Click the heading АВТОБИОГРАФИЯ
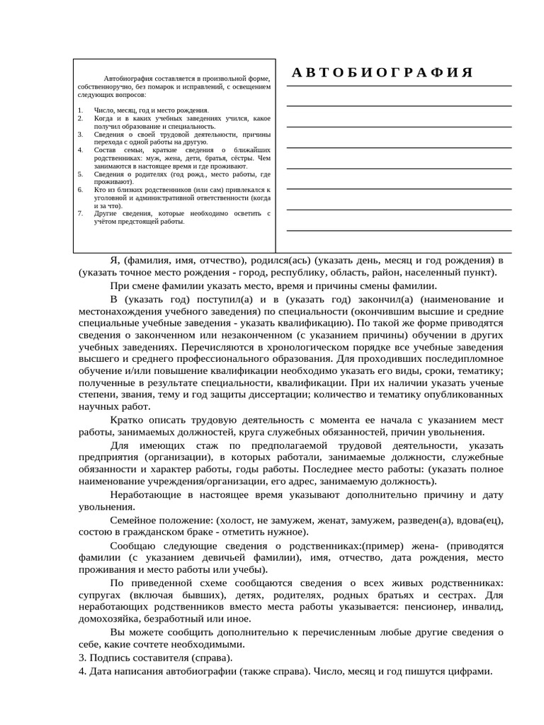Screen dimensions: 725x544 (382, 73)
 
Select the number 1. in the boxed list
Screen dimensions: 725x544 (80, 110)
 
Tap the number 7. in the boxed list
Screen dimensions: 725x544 (80, 213)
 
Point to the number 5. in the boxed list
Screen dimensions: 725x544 (80, 173)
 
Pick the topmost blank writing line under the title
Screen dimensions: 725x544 (399, 86)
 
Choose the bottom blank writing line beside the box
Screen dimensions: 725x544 (399, 231)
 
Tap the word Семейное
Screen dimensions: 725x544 (137, 520)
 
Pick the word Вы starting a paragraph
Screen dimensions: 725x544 (119, 632)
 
